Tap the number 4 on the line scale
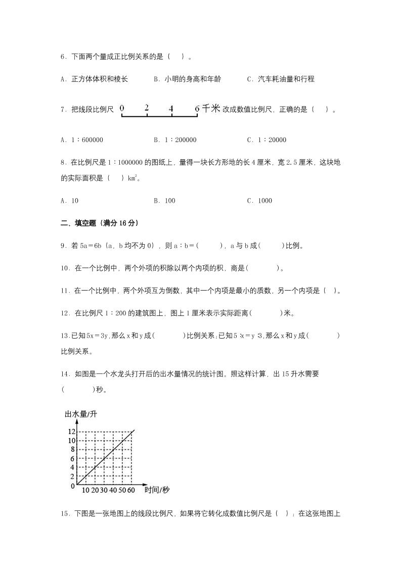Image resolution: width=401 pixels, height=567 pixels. click(171, 108)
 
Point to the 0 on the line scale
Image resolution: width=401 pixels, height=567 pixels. click(122, 108)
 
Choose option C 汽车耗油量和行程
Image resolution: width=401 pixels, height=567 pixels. click(285, 79)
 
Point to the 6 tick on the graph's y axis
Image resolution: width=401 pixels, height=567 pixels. click(73, 458)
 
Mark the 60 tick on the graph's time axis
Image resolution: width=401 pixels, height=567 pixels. click(131, 490)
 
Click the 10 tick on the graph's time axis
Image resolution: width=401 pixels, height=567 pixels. click(85, 490)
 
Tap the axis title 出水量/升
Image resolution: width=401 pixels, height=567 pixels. click(81, 414)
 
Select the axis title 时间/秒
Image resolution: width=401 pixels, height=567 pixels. click(157, 490)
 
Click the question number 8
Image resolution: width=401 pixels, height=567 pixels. click(63, 162)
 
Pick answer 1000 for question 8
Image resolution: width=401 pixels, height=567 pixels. click(264, 201)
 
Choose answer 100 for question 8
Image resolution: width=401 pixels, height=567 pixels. click(170, 201)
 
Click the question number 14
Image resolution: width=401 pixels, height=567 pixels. click(64, 374)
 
